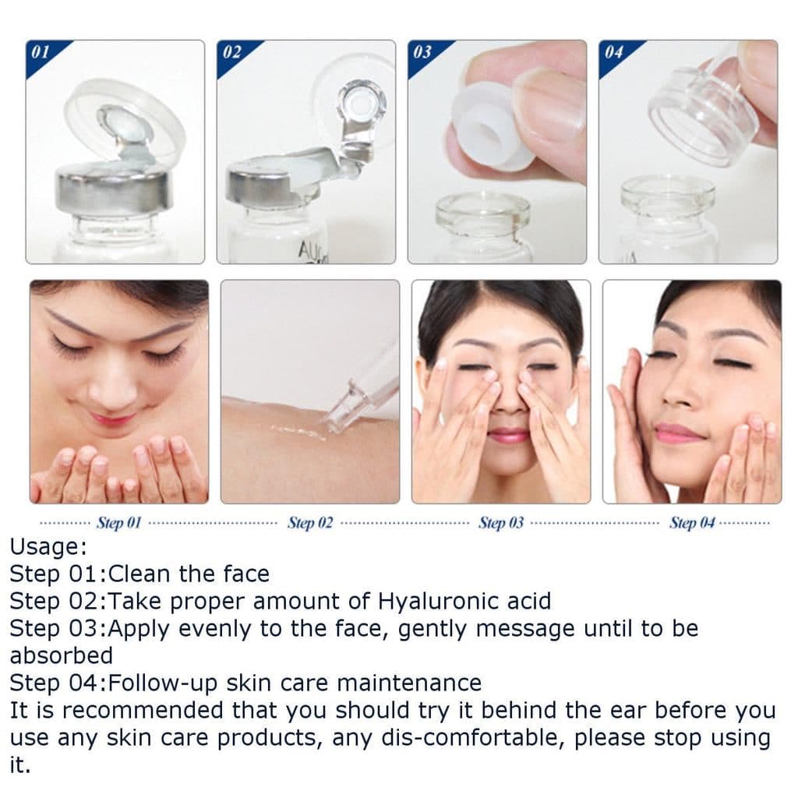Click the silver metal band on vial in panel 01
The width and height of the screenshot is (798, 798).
click(x=114, y=191)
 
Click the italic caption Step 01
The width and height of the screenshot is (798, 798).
click(x=118, y=523)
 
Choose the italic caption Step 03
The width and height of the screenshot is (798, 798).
click(x=501, y=523)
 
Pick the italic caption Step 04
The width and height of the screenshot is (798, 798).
click(x=692, y=523)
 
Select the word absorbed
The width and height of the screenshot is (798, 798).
click(x=61, y=655)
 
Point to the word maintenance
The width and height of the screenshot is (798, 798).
click(x=409, y=683)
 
